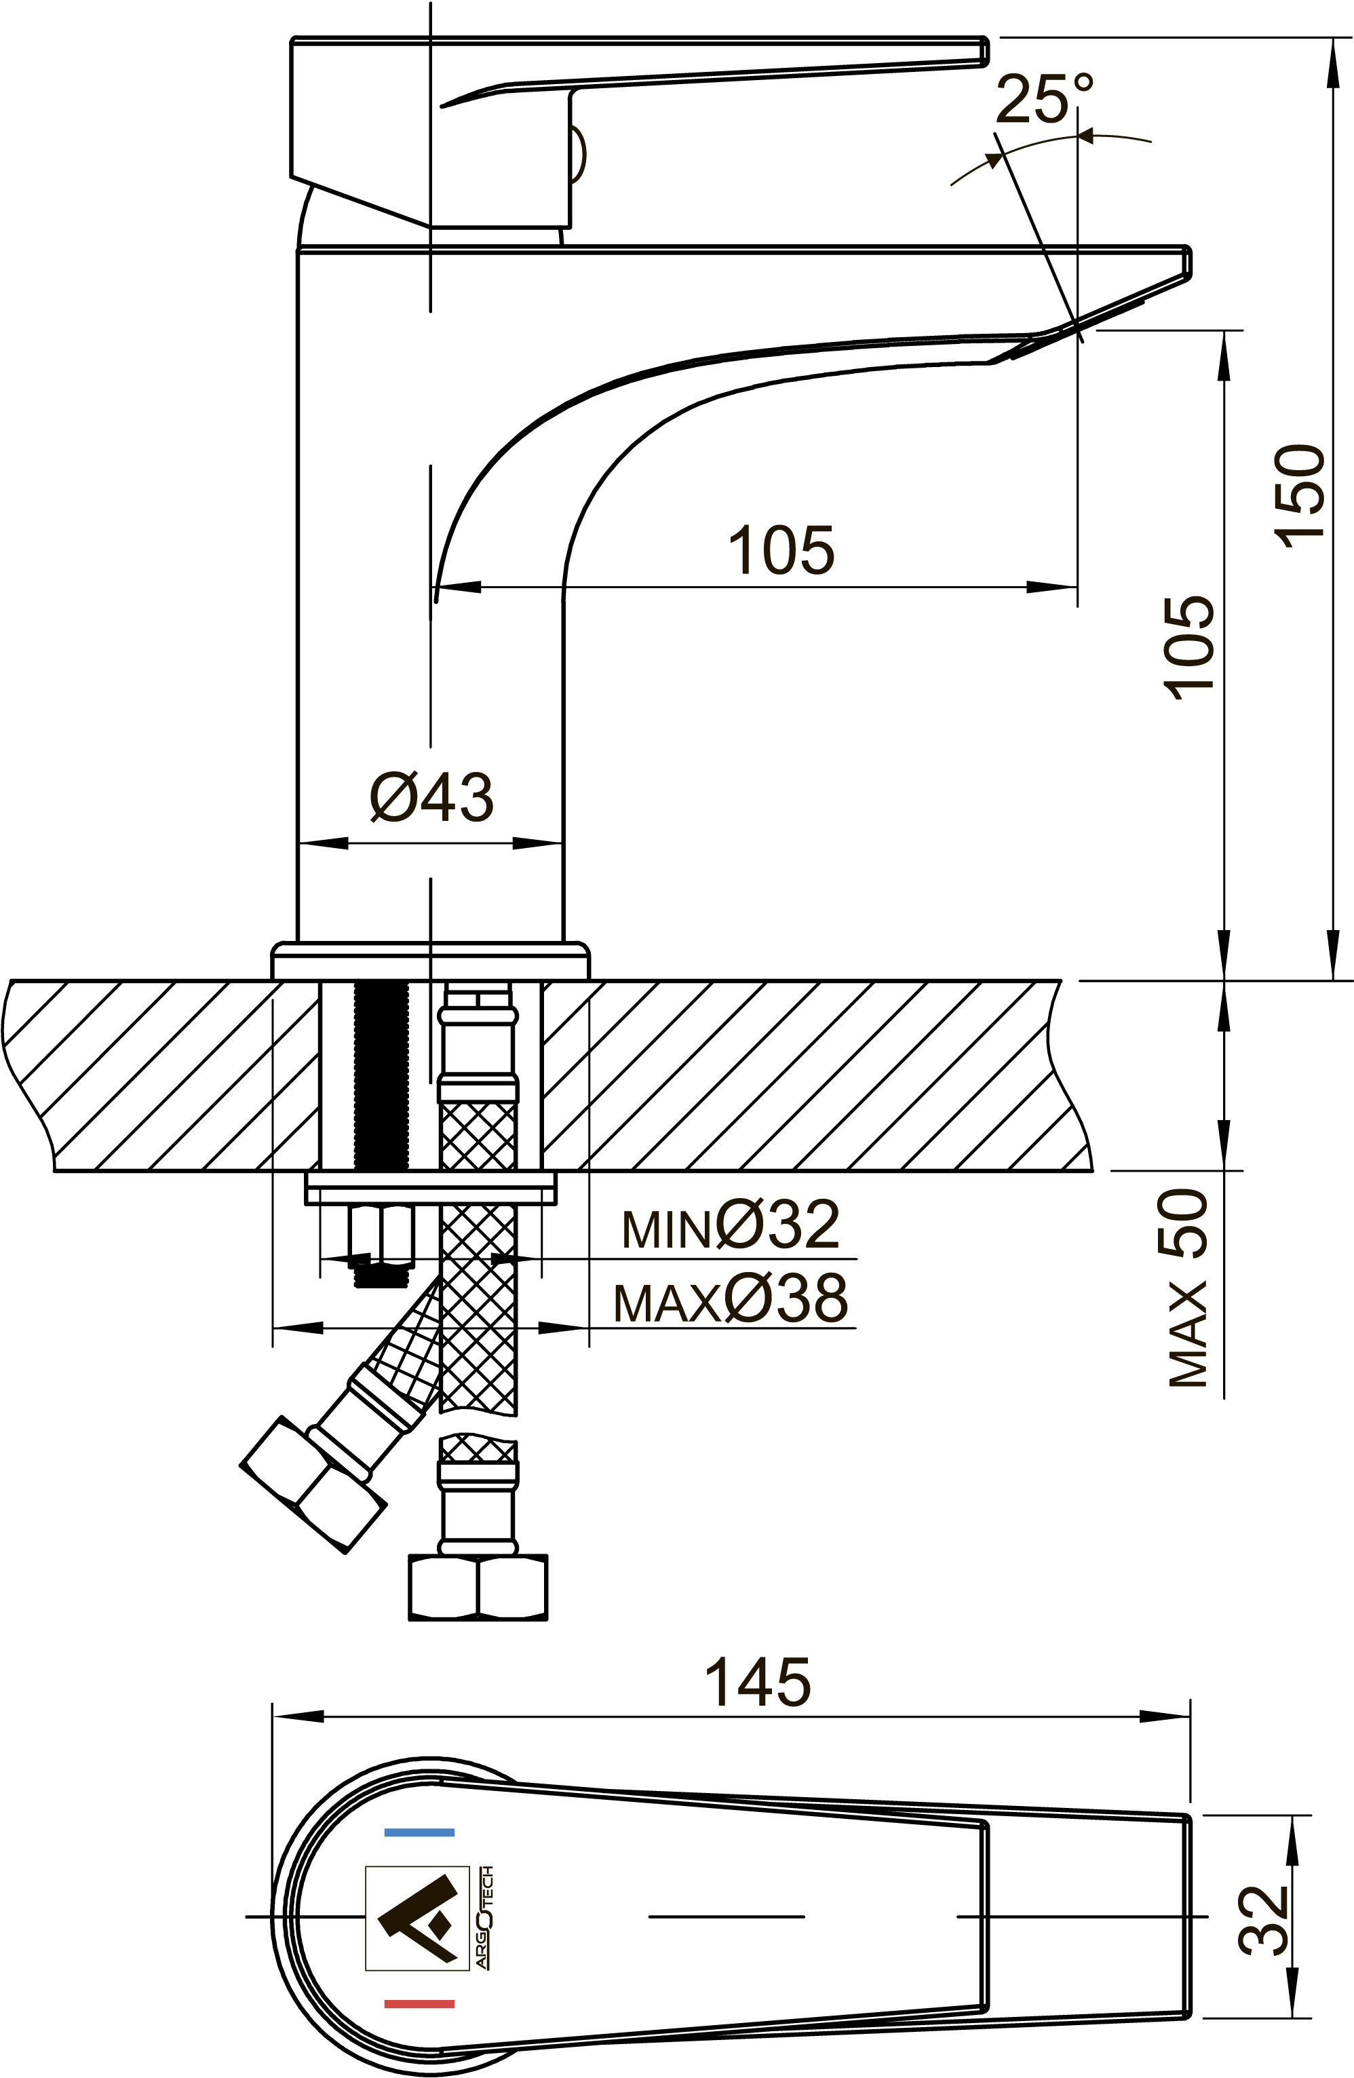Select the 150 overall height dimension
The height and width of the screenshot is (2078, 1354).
pos(1300,496)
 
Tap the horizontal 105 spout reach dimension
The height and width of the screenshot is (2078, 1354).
pos(781,550)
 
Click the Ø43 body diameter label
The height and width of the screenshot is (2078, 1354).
pos(431,796)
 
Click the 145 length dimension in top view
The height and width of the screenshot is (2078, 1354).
pos(758,1682)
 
